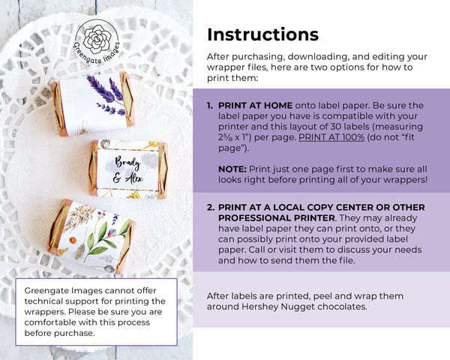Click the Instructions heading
click(262, 34)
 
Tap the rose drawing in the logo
click(97, 39)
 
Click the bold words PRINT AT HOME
click(256, 105)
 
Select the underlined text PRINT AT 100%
click(331, 137)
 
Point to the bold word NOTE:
click(232, 169)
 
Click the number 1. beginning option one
click(210, 105)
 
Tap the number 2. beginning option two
click(211, 207)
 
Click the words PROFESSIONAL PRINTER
click(276, 218)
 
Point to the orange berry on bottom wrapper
click(73, 240)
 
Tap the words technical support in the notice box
click(66, 301)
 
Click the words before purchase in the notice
click(60, 333)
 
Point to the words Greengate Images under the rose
click(97, 53)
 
